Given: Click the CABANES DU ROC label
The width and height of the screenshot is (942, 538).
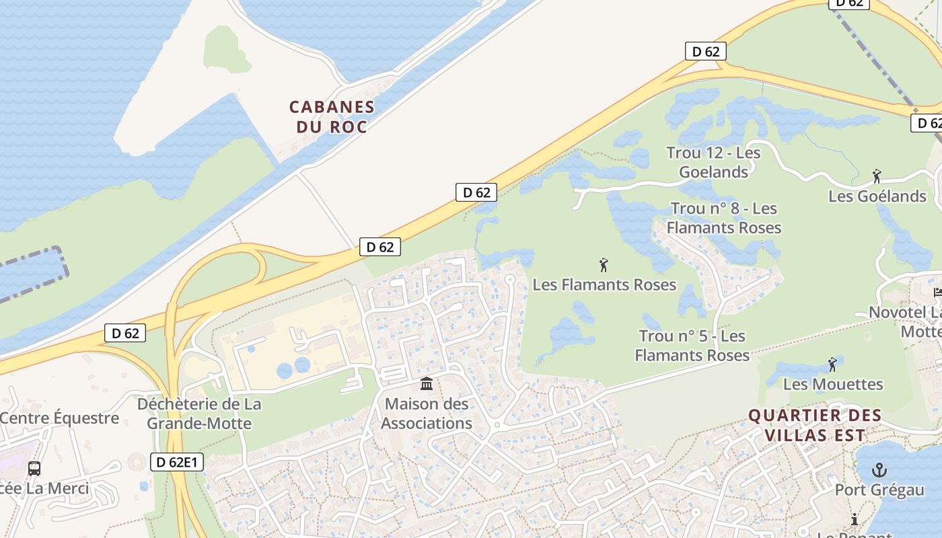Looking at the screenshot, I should [332, 116].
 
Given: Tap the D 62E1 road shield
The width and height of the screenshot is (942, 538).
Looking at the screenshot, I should [176, 463].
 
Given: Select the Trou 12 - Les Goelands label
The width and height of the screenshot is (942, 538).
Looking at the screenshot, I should [713, 162].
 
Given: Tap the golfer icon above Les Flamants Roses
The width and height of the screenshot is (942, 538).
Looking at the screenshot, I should [604, 265].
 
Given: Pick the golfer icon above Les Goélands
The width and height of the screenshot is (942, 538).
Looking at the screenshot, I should [877, 176].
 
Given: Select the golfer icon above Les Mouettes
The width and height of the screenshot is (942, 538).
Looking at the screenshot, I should [833, 364].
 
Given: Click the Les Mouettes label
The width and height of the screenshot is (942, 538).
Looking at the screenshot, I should [833, 384].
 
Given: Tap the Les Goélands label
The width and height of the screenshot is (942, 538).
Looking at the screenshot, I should [877, 196].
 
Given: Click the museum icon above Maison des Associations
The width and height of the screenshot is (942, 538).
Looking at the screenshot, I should [427, 384].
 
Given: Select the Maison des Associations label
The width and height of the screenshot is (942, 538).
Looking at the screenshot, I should [427, 414].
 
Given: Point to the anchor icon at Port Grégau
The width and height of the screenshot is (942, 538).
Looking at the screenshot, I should [879, 470].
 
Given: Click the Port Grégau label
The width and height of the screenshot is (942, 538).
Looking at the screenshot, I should [879, 490].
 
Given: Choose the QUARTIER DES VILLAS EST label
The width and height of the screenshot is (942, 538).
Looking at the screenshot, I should [815, 425].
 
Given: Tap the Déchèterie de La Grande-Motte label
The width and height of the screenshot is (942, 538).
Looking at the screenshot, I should [199, 414].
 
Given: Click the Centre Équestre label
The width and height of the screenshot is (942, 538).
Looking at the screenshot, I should [59, 418].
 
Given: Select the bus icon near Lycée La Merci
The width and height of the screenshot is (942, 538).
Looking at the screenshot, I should [34, 468].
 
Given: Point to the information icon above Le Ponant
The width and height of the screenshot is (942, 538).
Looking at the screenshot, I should [855, 519].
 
